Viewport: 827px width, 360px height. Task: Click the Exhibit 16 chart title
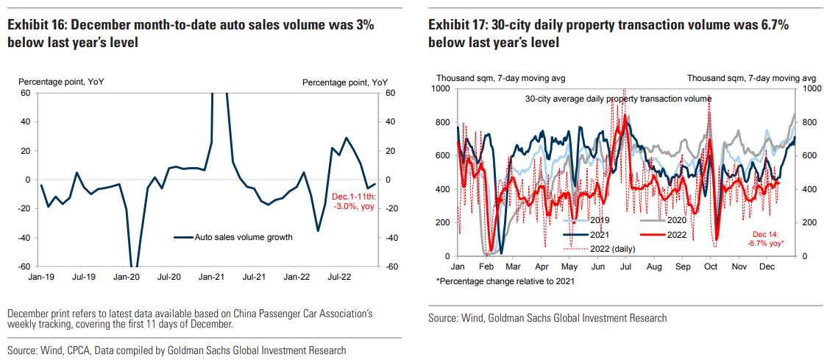(x=191, y=33)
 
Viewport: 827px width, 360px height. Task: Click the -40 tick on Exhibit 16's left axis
(x=25, y=238)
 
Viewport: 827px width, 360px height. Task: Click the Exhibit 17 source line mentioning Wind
(x=547, y=318)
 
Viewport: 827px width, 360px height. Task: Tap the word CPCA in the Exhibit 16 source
(x=83, y=350)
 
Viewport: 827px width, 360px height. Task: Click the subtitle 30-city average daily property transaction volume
(x=618, y=99)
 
